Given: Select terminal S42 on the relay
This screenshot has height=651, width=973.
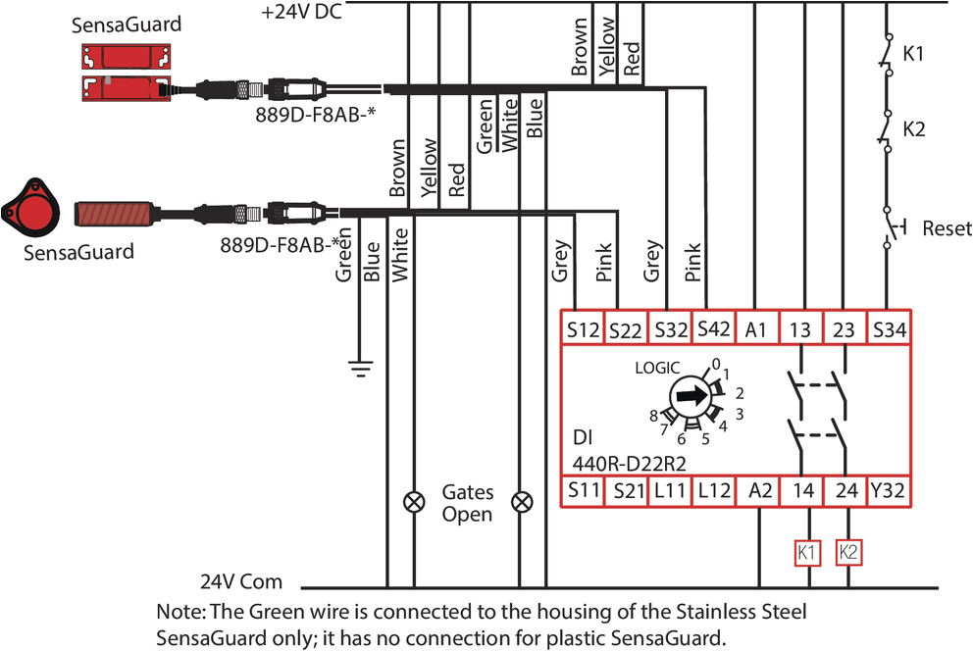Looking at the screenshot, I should pyautogui.click(x=713, y=330).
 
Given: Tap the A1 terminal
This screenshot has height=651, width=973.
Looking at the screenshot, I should pyautogui.click(x=757, y=330).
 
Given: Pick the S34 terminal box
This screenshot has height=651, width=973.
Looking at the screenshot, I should pyautogui.click(x=890, y=330).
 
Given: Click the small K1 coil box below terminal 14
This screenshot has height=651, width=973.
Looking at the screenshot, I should pyautogui.click(x=806, y=552).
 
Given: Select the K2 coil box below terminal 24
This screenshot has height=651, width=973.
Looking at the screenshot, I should pyautogui.click(x=849, y=552).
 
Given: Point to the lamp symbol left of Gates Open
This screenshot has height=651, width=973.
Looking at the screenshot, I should pyautogui.click(x=413, y=503).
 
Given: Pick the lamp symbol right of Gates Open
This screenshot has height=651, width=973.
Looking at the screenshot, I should pyautogui.click(x=523, y=503).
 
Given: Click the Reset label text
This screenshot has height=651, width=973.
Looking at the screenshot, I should pyautogui.click(x=947, y=228).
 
